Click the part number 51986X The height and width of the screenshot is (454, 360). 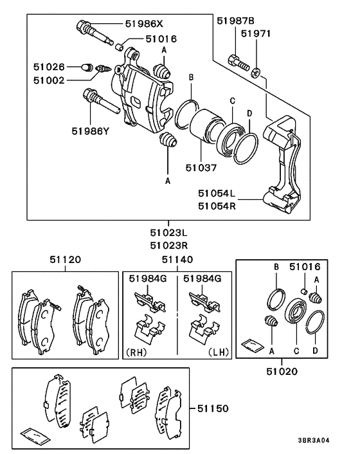coord(144,23)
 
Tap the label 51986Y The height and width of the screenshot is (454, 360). coord(91,131)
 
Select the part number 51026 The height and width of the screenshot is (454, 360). coord(49,67)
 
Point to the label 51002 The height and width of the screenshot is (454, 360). coord(49,80)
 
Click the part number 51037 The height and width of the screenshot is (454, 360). coord(201,168)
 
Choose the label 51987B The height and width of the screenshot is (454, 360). coord(235,21)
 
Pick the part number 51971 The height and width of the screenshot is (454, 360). coord(256,33)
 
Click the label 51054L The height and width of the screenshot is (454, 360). coord(217,193)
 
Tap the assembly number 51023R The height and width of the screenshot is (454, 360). coord(168,246)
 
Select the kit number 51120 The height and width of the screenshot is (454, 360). coord(65,259)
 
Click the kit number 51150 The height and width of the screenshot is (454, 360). coord(213,408)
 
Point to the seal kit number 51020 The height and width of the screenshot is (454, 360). coord(282,371)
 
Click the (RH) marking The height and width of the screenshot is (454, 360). coord(136,352)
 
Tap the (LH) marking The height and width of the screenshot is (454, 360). coord(219,352)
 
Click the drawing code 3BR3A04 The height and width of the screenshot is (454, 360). coord(314,440)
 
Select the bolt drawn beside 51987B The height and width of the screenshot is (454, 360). coord(239,64)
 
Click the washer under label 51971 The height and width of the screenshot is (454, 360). coord(255,73)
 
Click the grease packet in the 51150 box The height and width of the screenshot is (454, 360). coord(35,436)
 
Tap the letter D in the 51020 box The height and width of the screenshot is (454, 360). coord(315,350)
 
